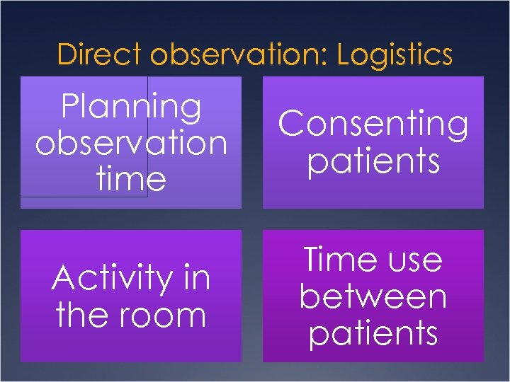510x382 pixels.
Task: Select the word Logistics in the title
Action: [395, 54]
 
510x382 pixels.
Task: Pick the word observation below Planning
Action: [131, 143]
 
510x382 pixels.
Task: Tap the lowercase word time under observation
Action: [131, 178]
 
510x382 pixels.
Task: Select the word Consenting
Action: [373, 125]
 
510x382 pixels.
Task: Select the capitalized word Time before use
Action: [336, 260]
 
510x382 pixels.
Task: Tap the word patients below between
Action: [373, 332]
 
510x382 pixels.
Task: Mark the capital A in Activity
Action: [64, 278]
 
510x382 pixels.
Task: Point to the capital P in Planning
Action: [71, 107]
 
